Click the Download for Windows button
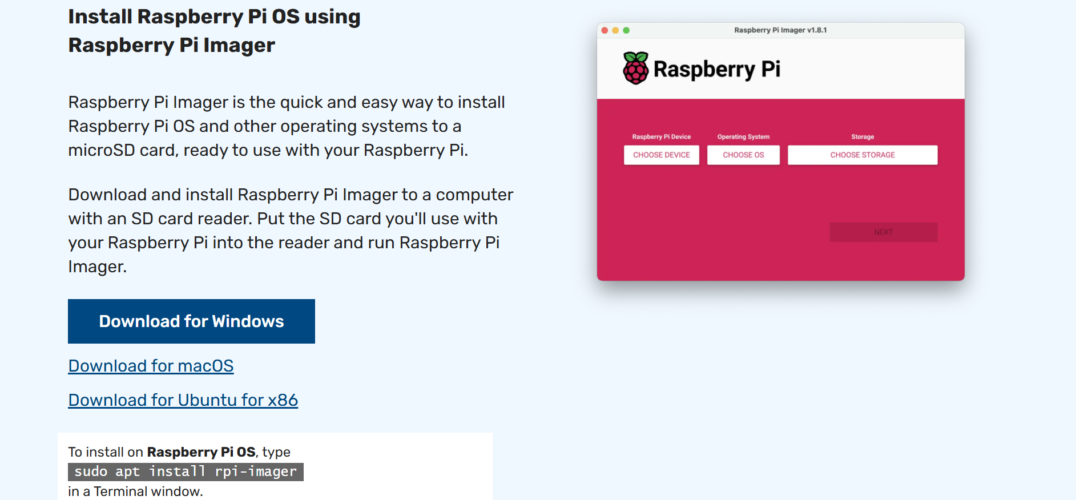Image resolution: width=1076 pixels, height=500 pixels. (x=191, y=321)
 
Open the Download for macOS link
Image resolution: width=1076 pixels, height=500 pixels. (x=151, y=366)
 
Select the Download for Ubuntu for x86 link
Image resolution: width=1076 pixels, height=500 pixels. (x=183, y=400)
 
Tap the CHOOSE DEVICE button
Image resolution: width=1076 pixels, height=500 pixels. (x=662, y=155)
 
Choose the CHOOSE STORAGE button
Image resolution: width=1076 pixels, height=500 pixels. (x=863, y=155)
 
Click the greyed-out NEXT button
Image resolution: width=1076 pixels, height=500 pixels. (x=883, y=232)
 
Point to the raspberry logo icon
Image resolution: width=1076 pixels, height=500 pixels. (x=635, y=68)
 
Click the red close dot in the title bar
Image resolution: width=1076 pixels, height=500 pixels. (x=605, y=30)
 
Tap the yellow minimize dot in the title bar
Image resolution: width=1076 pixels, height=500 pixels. (x=615, y=30)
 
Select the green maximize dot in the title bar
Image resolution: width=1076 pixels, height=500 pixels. (x=626, y=30)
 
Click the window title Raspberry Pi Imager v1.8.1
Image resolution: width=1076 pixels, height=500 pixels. (x=780, y=30)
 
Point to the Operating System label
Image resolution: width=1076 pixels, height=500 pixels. (x=743, y=137)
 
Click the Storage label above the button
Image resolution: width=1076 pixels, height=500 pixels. (x=863, y=137)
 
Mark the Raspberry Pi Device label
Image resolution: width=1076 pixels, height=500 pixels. (x=662, y=137)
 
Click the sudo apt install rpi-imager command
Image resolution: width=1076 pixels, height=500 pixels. (x=186, y=471)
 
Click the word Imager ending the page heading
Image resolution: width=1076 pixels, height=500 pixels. (x=239, y=45)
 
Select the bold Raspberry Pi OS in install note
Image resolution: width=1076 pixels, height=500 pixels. (x=202, y=452)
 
